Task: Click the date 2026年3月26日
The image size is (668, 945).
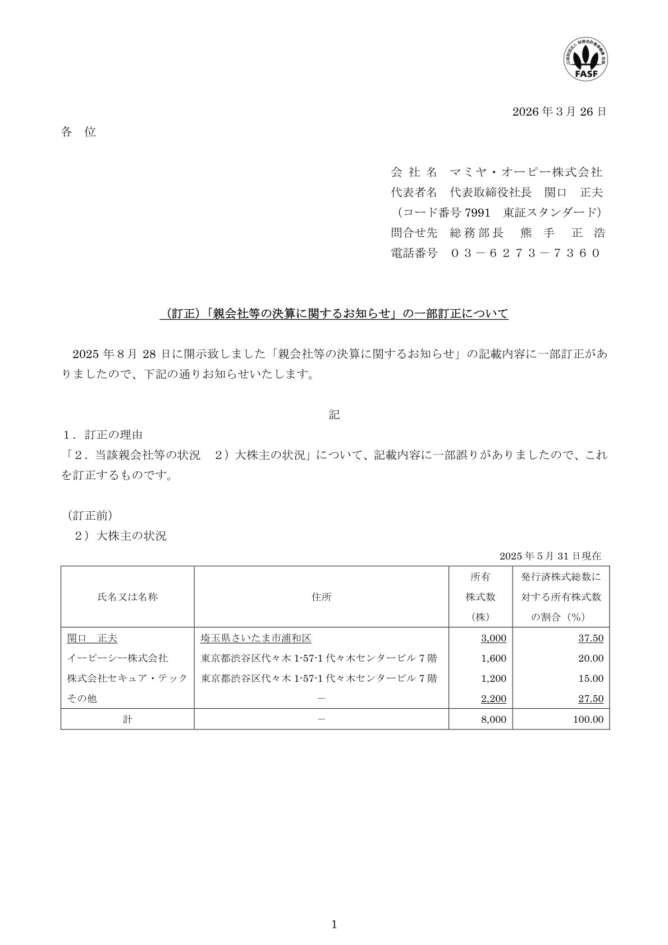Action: click(x=559, y=112)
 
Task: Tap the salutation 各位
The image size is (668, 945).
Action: click(x=79, y=132)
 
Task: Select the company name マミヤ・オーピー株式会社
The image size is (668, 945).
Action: click(x=527, y=172)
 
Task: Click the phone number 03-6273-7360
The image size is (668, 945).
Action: click(x=525, y=253)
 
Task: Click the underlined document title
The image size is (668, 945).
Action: click(x=334, y=314)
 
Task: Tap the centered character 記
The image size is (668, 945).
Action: click(x=334, y=415)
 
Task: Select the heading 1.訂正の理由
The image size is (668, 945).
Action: click(x=103, y=435)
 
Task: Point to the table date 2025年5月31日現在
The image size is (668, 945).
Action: click(x=550, y=556)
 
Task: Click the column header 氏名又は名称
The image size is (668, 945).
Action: click(x=127, y=597)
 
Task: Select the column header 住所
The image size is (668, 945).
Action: click(x=322, y=597)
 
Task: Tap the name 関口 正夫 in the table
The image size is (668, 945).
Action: click(x=93, y=638)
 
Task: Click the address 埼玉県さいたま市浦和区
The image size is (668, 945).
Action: click(x=256, y=638)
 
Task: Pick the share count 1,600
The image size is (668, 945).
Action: click(x=494, y=658)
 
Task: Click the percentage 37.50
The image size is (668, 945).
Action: click(x=591, y=638)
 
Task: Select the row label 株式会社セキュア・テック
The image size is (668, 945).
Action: click(x=127, y=678)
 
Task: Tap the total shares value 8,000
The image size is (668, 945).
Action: click(x=494, y=719)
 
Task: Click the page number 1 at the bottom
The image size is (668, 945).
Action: click(x=334, y=925)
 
